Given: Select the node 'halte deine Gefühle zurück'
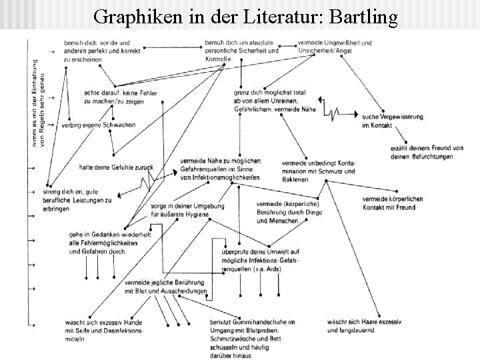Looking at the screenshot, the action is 116,167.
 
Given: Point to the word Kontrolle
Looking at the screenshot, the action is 219,59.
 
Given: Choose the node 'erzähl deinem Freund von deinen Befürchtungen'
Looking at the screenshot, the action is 415,151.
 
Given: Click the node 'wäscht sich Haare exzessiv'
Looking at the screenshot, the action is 364,326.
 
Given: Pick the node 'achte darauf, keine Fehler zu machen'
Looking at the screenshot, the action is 120,97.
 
